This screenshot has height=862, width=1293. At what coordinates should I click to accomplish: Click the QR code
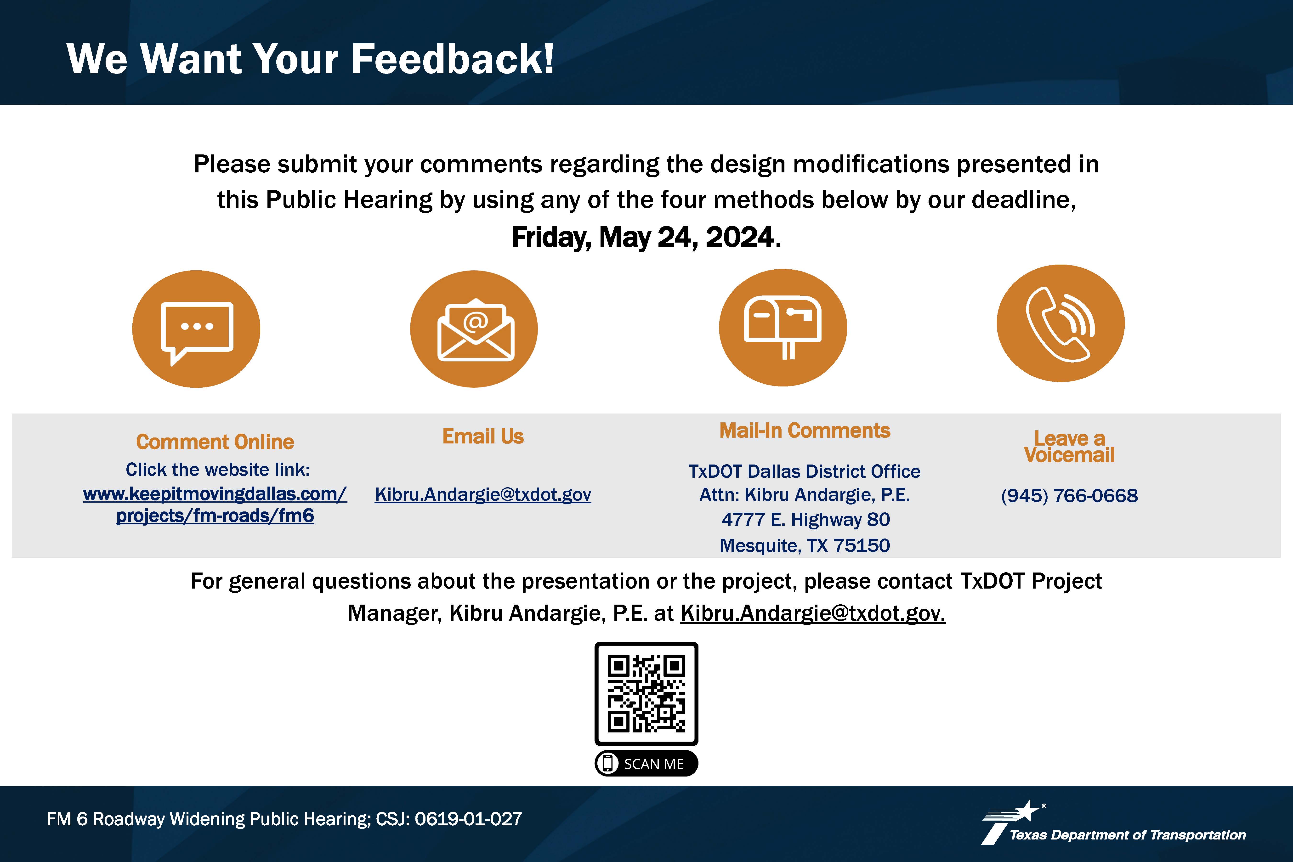tap(646, 694)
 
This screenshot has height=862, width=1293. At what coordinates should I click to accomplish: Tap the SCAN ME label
tap(646, 764)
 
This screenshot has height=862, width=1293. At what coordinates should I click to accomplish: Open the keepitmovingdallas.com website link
tap(215, 505)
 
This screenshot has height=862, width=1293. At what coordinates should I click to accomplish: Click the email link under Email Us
tap(483, 494)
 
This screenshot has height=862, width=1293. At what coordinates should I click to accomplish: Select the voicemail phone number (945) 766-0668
tap(1069, 495)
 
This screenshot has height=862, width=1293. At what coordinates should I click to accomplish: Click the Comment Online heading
tap(215, 442)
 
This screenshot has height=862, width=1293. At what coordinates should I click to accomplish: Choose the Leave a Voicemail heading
tap(1069, 446)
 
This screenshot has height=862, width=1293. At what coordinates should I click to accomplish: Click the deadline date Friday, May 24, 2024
tap(646, 238)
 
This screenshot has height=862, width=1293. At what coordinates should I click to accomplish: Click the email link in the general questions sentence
tap(812, 613)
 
